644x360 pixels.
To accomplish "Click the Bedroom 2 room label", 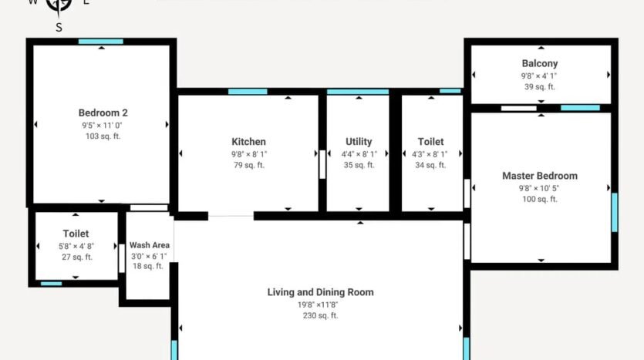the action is [103, 113].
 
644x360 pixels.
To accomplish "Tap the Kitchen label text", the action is [248, 142].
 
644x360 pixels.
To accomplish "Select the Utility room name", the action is [359, 142].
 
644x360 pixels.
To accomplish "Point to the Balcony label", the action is [540, 64].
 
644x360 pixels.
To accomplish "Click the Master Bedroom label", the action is [540, 176].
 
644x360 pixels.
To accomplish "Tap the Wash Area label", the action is [150, 245].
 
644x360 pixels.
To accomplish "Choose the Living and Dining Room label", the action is [320, 292].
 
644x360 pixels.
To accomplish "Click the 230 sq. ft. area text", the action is [320, 315].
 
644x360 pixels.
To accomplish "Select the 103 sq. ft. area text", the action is [103, 136].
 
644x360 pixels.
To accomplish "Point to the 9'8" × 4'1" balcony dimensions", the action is [539, 76].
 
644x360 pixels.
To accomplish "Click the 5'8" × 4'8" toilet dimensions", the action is [76, 246].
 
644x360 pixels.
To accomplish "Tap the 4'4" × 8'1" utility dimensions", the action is [359, 154].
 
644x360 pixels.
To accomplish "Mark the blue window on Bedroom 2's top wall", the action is [100, 42].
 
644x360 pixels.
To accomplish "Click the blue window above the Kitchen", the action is [248, 92].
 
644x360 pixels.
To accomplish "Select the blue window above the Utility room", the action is [358, 92].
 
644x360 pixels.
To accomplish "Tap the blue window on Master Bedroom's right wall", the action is [615, 212].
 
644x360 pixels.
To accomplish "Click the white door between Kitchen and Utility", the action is [322, 164].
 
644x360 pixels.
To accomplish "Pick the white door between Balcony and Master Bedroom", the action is [519, 109].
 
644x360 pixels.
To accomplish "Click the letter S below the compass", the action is [59, 28].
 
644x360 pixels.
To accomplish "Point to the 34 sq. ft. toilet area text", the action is [430, 165].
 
